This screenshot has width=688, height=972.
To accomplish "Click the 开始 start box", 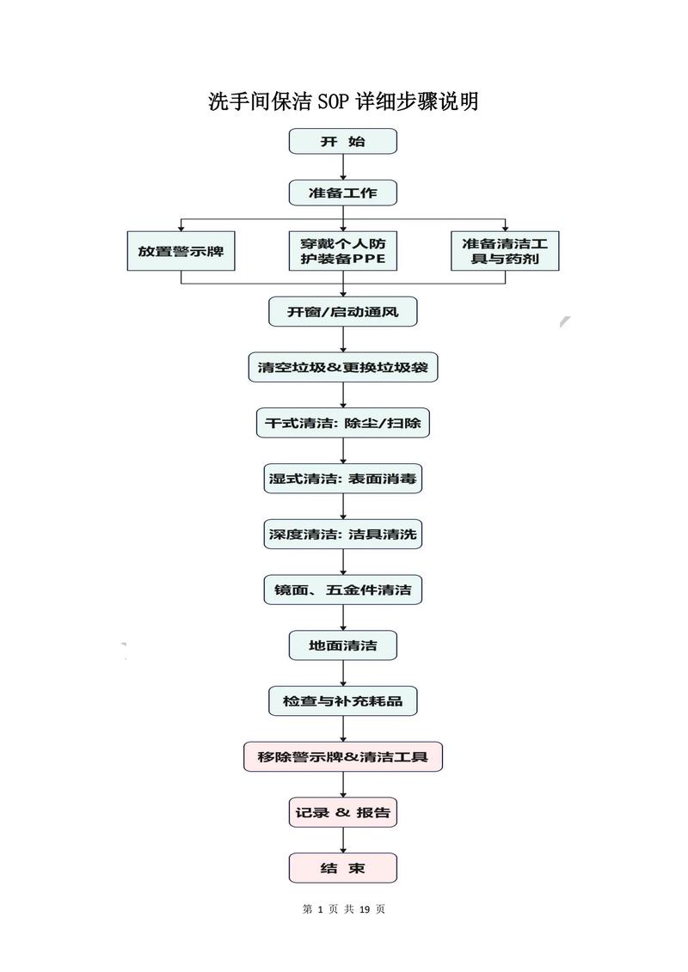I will click(x=342, y=142).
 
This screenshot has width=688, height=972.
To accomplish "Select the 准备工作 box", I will click(x=342, y=193).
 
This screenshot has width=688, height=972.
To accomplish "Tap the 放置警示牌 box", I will click(x=181, y=251).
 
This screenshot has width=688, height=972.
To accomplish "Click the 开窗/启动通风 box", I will click(x=342, y=311).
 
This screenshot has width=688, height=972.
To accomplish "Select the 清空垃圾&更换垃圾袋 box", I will click(x=342, y=368).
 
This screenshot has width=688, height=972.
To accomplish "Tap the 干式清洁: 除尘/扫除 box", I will click(x=342, y=423).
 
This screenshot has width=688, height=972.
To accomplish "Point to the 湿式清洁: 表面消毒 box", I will click(x=342, y=479).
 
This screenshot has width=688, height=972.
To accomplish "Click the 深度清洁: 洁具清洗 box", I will click(x=342, y=535).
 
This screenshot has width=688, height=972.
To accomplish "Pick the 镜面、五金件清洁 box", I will click(x=342, y=590).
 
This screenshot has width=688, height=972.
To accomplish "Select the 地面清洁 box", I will click(x=342, y=645).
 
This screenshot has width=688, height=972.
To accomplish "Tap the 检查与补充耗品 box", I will click(x=342, y=701).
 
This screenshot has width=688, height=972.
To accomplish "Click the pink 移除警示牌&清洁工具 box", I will click(x=342, y=757).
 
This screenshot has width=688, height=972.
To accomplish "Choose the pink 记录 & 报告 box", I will click(x=342, y=812).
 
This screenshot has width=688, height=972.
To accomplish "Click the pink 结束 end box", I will click(x=342, y=868).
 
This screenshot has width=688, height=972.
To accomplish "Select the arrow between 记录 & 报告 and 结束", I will click(x=343, y=840).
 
